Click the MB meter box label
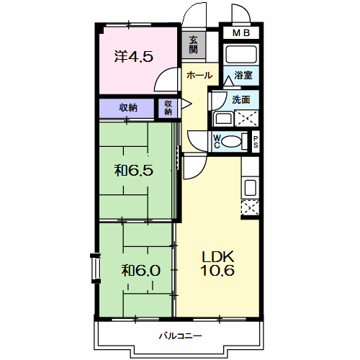click(x=241, y=33)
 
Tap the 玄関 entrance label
click(x=193, y=45)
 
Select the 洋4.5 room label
click(x=134, y=57)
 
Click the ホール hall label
click(x=199, y=76)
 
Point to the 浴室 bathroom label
click(x=243, y=75)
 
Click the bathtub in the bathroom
click(x=241, y=54)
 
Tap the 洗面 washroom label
click(x=241, y=99)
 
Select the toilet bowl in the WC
click(x=231, y=142)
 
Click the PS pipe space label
click(x=256, y=142)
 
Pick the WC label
click(x=217, y=142)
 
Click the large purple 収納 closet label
click(x=128, y=108)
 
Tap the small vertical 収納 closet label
click(x=168, y=107)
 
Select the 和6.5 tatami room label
click(x=134, y=171)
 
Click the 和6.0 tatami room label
click(x=140, y=270)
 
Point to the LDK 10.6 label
click(x=217, y=264)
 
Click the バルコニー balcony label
click(x=180, y=336)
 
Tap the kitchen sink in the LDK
click(x=251, y=187)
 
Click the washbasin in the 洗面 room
click(x=223, y=118)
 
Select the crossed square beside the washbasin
click(x=246, y=118)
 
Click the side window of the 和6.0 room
click(x=96, y=268)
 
